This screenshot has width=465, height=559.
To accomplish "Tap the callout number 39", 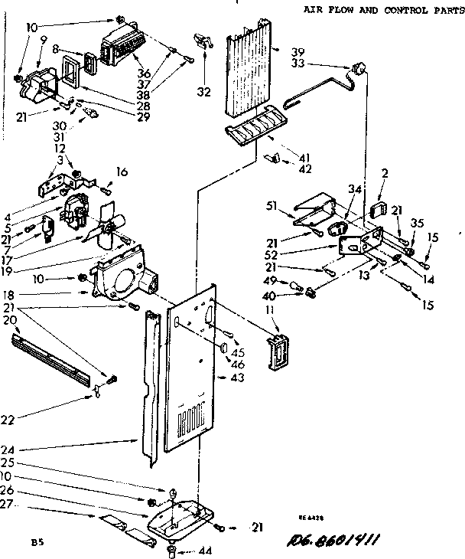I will [x=298, y=51].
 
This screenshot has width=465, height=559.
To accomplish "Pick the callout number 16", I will [x=121, y=171].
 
